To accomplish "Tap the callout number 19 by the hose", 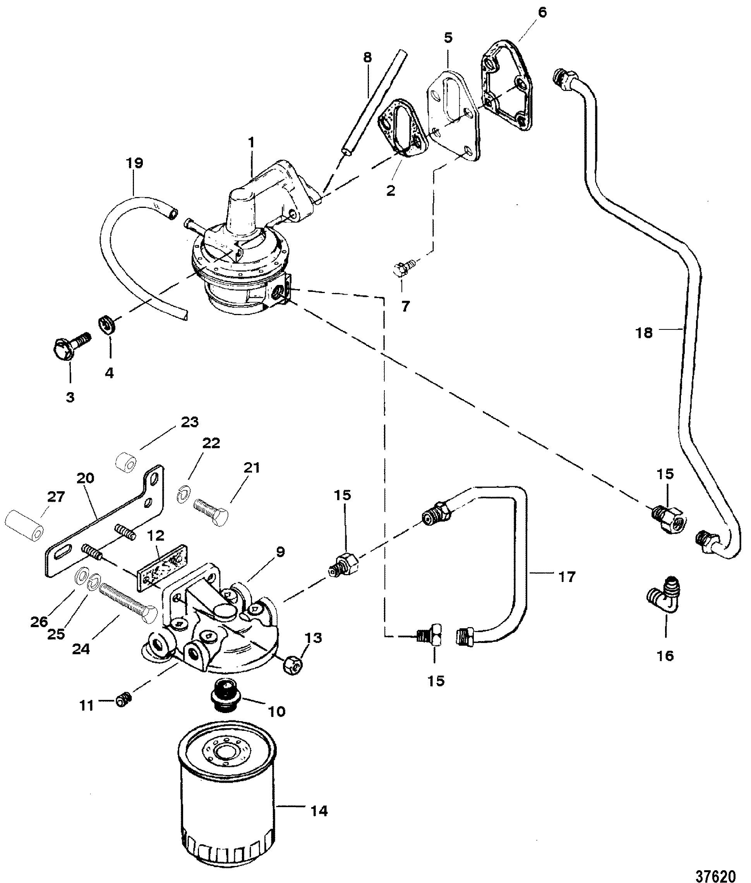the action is click(135, 163).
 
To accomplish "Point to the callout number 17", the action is click(566, 577).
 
